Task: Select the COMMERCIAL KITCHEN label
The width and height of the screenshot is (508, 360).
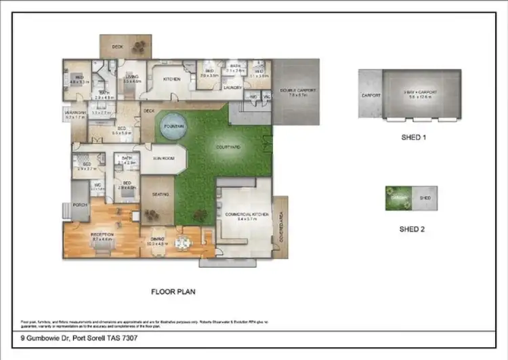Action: [x=247, y=214]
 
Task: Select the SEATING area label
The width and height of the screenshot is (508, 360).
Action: [x=161, y=195]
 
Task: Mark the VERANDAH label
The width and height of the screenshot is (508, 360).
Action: [x=75, y=113]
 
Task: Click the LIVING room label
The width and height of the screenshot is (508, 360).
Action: [x=132, y=77]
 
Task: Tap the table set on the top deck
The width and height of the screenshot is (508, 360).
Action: [x=140, y=46]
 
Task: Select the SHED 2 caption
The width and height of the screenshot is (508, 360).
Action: [x=412, y=228]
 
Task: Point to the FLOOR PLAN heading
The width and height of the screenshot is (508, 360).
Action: [x=173, y=292]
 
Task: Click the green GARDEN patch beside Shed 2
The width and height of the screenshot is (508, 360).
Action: [x=399, y=198]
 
